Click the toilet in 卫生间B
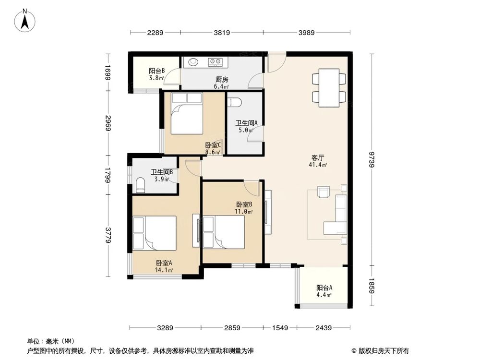coord(140,185)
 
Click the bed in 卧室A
coord(154,233)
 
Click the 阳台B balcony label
coord(156,73)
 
